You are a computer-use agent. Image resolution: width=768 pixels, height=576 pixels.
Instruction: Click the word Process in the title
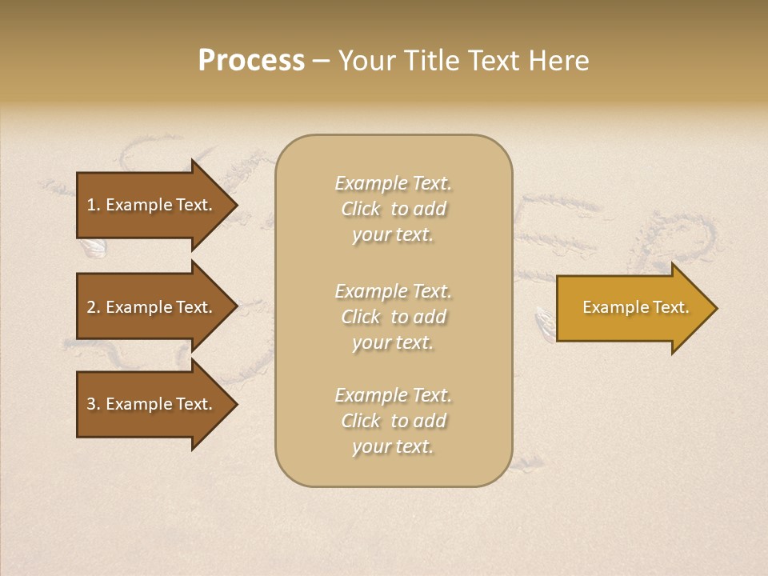point(251,61)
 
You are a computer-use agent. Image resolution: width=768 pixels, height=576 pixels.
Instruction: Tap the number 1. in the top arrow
point(94,205)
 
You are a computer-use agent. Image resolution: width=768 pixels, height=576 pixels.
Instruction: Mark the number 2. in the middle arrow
point(94,307)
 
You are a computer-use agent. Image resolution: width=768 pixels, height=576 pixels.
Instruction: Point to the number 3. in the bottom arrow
point(94,404)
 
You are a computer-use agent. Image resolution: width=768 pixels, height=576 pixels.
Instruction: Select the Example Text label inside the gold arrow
point(636,307)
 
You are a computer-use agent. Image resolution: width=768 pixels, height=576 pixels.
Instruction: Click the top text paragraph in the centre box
point(393,209)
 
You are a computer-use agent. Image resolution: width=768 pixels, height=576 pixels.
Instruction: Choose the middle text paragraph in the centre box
point(393,317)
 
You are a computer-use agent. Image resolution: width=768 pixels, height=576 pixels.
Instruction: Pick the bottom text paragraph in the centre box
point(393,421)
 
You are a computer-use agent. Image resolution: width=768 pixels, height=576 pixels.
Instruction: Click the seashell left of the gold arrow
point(545,323)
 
